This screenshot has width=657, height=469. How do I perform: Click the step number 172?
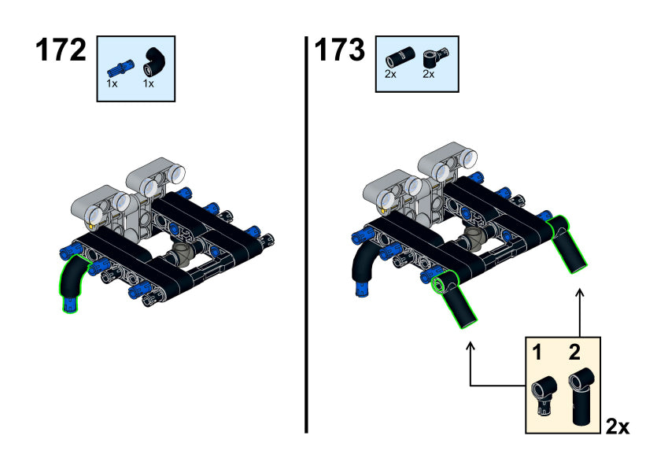[x=60, y=50]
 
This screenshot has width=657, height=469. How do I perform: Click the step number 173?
[x=340, y=50]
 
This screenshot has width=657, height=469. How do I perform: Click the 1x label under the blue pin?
[x=112, y=83]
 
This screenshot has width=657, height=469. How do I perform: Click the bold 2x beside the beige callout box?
[x=618, y=427]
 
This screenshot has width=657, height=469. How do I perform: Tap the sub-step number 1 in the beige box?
[x=537, y=353]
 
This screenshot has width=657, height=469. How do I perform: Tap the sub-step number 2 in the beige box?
[x=575, y=353]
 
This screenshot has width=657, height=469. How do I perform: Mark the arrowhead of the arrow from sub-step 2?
[x=580, y=293]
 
